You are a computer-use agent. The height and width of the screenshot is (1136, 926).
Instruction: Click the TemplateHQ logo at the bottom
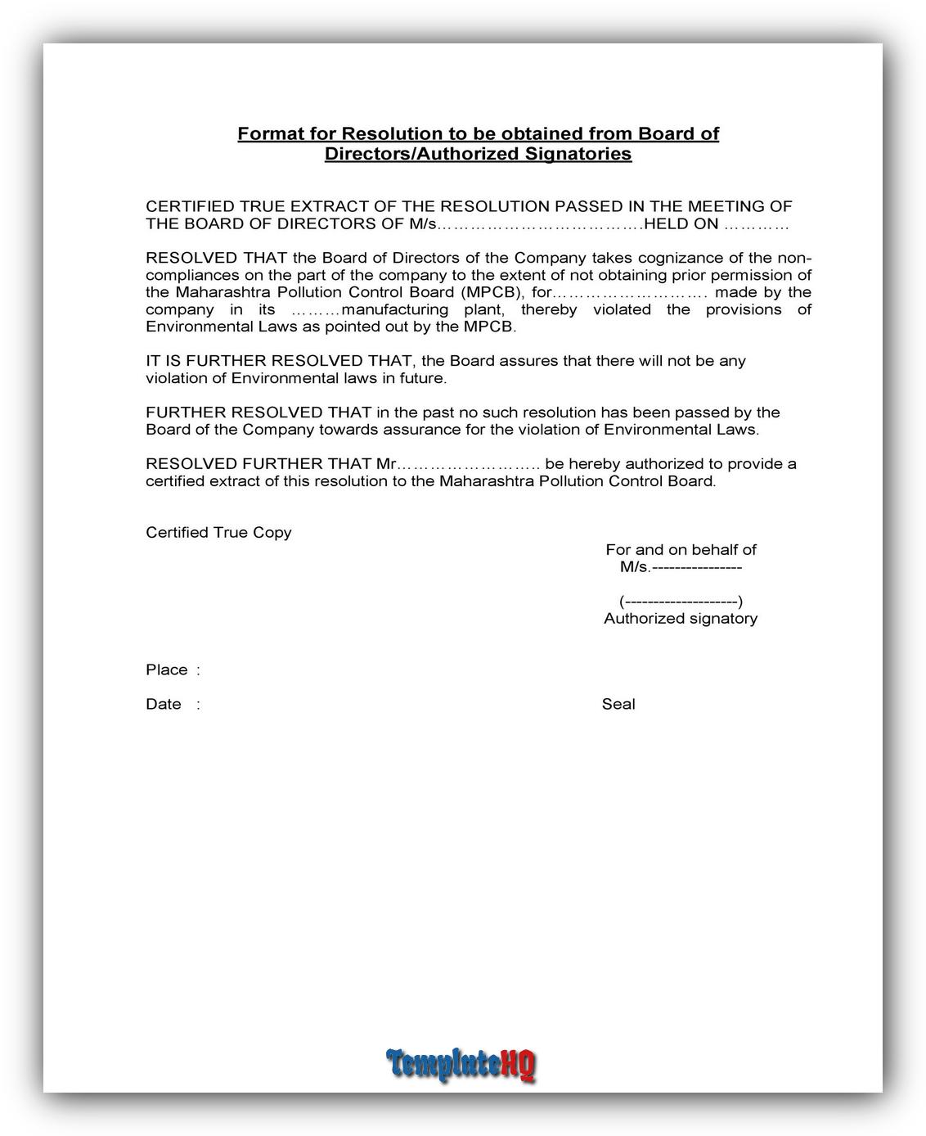pyautogui.click(x=461, y=1064)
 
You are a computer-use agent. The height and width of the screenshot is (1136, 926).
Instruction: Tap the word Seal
pyautogui.click(x=618, y=704)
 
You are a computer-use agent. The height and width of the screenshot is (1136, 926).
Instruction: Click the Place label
pyautogui.click(x=167, y=669)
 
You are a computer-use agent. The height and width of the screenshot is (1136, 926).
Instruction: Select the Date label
pyautogui.click(x=164, y=704)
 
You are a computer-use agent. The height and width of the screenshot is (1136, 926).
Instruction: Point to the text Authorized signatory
pyautogui.click(x=680, y=618)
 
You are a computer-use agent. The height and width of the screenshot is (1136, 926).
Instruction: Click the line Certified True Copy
pyautogui.click(x=218, y=532)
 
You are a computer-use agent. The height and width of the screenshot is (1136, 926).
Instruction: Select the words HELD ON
pyautogui.click(x=681, y=223)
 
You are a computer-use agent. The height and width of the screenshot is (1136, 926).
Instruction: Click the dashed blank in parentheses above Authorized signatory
pyautogui.click(x=681, y=602)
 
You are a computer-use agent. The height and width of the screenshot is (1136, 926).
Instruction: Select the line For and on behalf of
pyautogui.click(x=681, y=549)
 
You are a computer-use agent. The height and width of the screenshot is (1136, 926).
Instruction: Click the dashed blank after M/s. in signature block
pyautogui.click(x=696, y=567)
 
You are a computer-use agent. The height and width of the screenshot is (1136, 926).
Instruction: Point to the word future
pyautogui.click(x=420, y=378)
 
